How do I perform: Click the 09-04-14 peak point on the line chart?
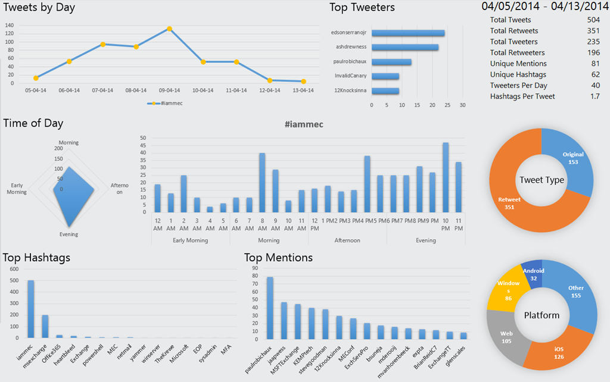pyautogui.click(x=170, y=29)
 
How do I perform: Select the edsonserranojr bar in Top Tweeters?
pyautogui.click(x=407, y=33)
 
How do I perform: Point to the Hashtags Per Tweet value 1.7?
pyautogui.click(x=594, y=96)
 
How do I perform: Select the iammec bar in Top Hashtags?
pyautogui.click(x=31, y=309)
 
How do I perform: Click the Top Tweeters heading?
pyautogui.click(x=362, y=8)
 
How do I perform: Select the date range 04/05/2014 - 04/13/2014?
pyautogui.click(x=545, y=7)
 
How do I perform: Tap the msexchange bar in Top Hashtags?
pyautogui.click(x=45, y=327)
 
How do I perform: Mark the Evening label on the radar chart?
pyautogui.click(x=69, y=235)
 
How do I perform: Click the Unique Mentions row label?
pyautogui.click(x=518, y=64)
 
